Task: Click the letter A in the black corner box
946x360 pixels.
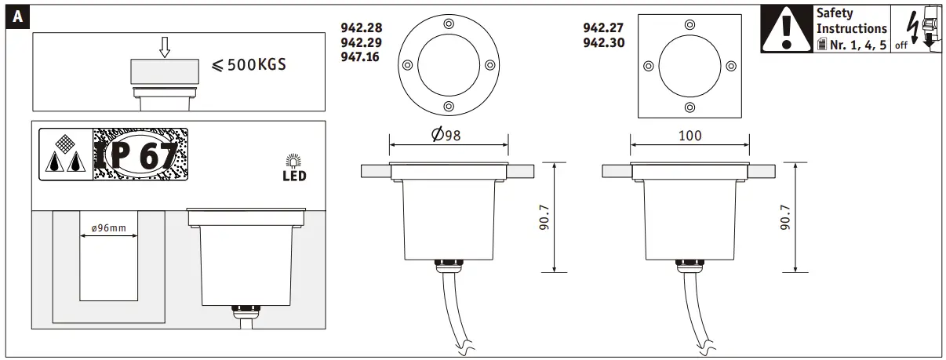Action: (18, 17)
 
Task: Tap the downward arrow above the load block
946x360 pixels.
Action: (165, 47)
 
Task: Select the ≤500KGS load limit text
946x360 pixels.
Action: (249, 65)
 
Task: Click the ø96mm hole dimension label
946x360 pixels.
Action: (109, 228)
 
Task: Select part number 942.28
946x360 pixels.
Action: (362, 28)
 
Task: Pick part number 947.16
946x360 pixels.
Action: (360, 56)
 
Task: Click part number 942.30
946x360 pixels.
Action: (604, 42)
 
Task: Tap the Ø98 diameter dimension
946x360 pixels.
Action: (446, 135)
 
